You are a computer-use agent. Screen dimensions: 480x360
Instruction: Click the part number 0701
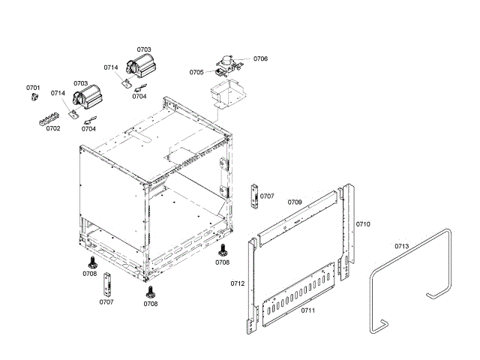coord(33,88)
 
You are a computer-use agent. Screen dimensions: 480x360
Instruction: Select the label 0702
coord(52,128)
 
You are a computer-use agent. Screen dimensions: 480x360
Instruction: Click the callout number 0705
coord(196,73)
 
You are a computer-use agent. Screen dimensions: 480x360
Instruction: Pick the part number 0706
coord(260,58)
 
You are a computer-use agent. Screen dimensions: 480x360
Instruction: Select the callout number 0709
coord(295,202)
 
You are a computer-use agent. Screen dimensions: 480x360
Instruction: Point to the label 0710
coord(363,224)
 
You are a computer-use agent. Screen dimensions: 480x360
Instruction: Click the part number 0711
coord(307,310)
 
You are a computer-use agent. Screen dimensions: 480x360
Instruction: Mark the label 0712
coord(237,283)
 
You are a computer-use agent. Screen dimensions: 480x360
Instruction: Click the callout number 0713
coord(401,246)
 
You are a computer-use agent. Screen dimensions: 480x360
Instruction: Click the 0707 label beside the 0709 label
coord(267,196)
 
